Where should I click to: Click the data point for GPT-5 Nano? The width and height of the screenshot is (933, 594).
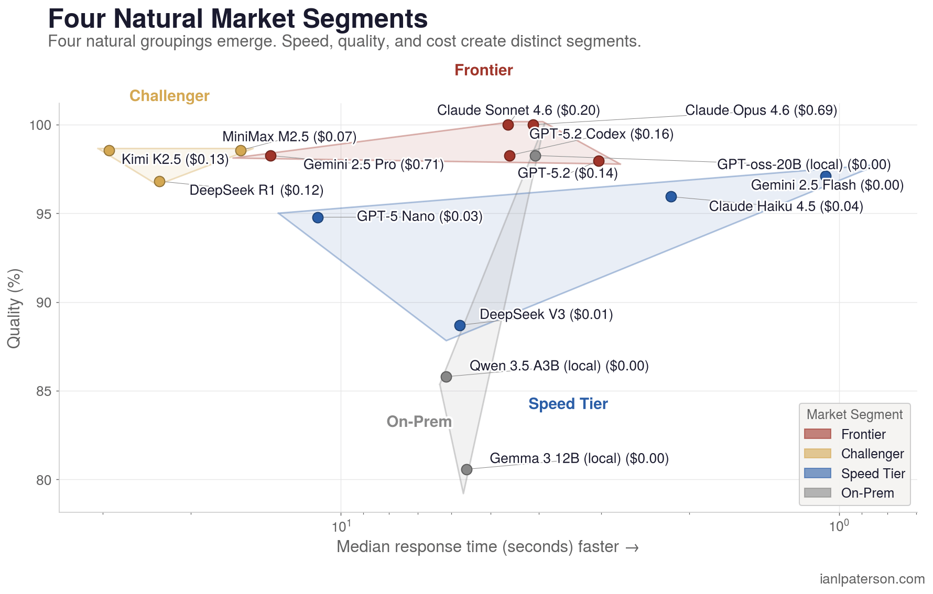318,217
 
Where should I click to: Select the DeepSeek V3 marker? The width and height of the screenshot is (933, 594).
460,325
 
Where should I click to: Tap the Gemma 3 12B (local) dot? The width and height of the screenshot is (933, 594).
466,469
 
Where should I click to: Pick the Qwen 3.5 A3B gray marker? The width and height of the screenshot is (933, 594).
446,377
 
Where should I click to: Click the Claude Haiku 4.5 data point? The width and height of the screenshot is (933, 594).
671,196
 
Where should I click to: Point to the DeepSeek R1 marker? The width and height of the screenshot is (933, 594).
160,181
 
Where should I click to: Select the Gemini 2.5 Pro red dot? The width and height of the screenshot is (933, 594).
270,156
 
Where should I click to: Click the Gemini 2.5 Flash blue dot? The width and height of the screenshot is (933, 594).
826,176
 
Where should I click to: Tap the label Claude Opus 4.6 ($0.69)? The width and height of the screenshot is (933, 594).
761,111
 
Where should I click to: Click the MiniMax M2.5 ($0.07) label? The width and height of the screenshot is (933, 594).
289,137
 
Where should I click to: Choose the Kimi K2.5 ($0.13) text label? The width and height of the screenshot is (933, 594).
175,159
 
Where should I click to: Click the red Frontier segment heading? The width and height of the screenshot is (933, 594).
483,70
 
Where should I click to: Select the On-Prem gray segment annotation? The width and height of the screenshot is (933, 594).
419,422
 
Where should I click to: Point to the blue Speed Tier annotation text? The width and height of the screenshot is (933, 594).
568,404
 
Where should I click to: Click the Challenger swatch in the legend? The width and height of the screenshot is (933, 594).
817,454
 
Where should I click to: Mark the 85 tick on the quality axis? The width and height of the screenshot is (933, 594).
44,391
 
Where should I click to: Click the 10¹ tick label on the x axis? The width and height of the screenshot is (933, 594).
341,525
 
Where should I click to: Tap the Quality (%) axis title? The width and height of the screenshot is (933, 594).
14,308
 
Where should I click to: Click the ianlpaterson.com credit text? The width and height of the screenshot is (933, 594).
872,579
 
